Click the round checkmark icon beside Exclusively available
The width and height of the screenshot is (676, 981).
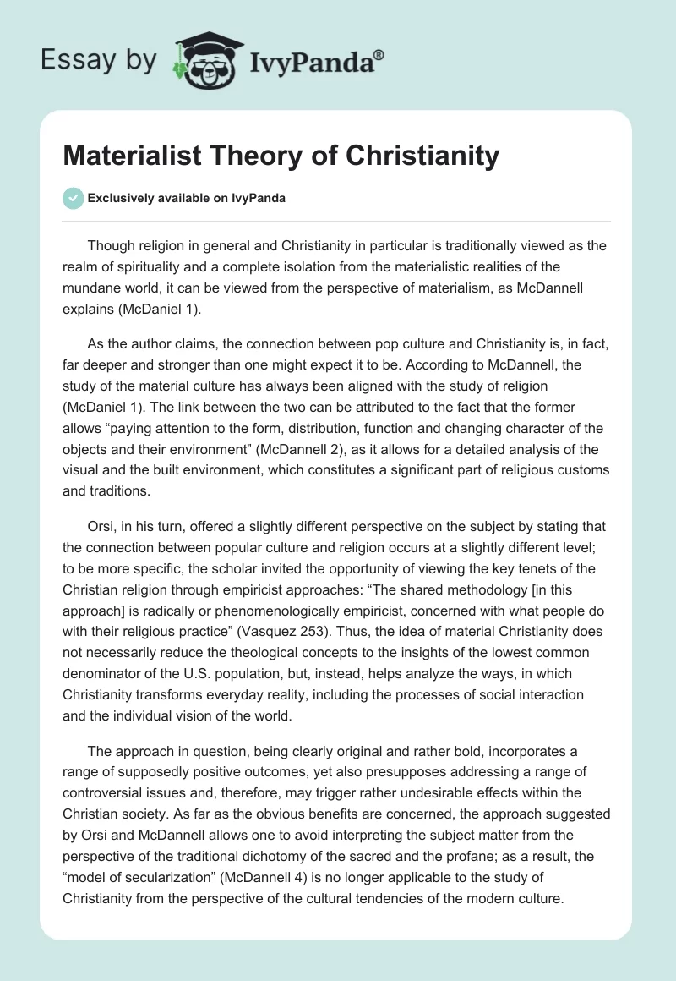(73, 199)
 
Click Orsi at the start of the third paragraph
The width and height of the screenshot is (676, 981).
(103, 526)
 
